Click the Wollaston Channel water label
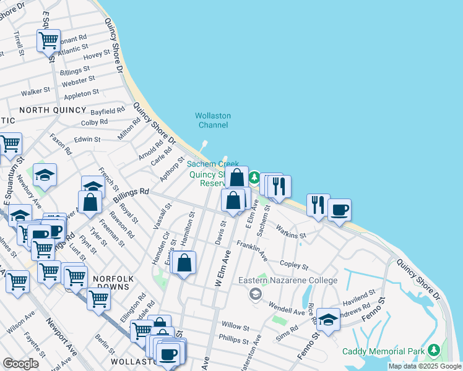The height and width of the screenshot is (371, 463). (x=212, y=120)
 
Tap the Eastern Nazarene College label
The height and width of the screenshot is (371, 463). (x=288, y=281)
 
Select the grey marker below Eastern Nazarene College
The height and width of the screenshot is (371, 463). (x=255, y=294)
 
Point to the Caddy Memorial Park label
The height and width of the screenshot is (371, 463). (x=384, y=351)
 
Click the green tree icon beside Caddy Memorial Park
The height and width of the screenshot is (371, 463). (x=434, y=351)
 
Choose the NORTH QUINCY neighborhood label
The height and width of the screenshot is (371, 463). (x=53, y=110)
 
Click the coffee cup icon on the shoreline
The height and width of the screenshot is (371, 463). (x=339, y=210)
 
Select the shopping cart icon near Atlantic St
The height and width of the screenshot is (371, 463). (x=48, y=41)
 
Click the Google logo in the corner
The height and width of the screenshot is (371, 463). (x=20, y=364)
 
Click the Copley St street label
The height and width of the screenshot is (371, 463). (x=293, y=264)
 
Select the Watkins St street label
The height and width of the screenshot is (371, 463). (x=291, y=231)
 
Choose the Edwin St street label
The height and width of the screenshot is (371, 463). (x=87, y=140)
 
